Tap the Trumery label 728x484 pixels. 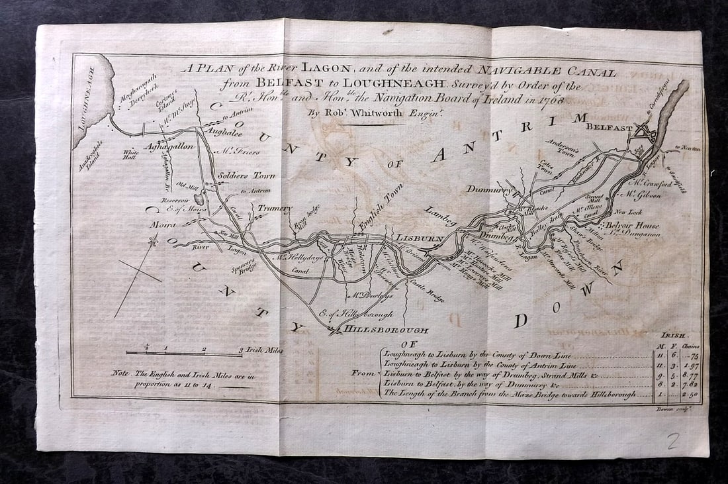tap(274, 209)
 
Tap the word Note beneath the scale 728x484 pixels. tap(120, 374)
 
